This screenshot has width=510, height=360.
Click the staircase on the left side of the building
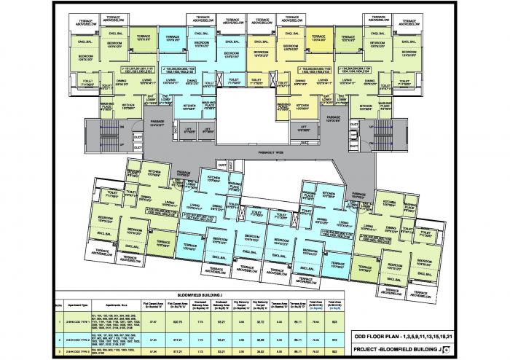(x=103, y=135)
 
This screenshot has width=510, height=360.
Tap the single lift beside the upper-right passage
(x=305, y=130)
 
